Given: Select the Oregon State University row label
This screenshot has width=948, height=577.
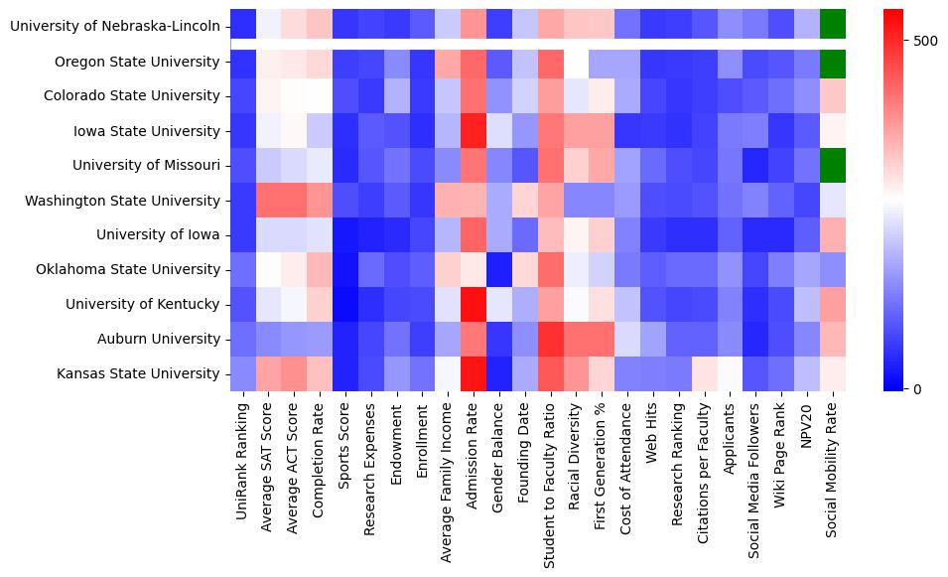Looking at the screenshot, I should (137, 62).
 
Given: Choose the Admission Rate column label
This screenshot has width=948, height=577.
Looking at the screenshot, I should (473, 454).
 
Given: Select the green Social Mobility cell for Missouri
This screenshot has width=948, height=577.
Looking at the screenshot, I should (834, 166).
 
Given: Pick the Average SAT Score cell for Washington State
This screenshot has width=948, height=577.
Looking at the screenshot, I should (269, 201).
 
